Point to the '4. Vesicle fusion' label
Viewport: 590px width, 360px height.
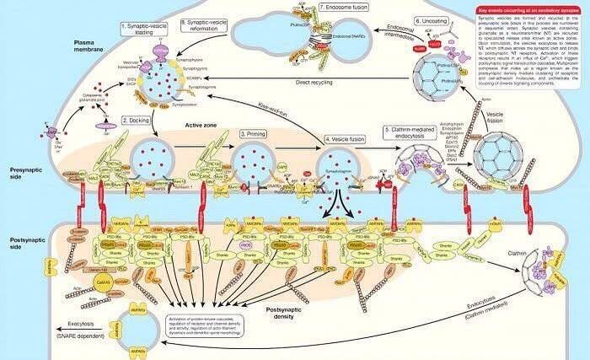[346, 137]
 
